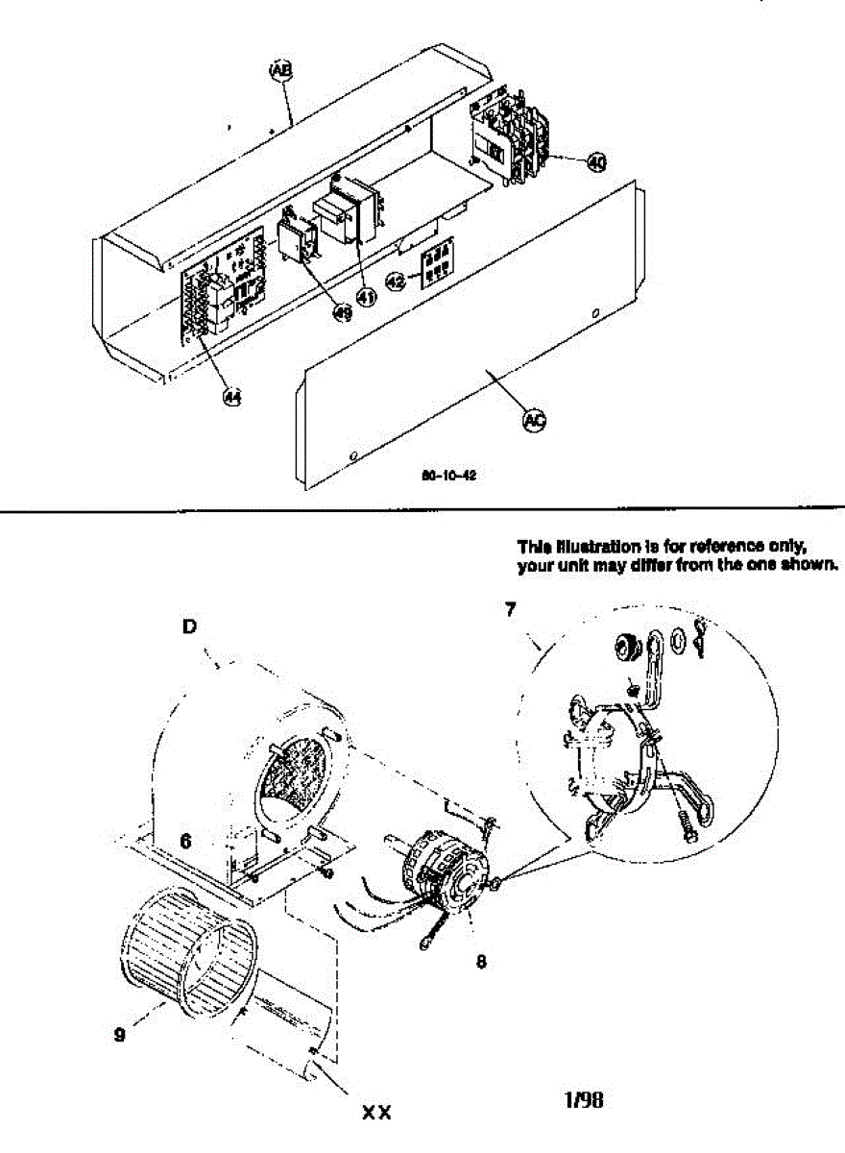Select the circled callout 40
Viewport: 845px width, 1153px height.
[596, 162]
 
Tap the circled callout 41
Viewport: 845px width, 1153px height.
[366, 298]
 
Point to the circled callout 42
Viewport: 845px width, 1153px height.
[397, 281]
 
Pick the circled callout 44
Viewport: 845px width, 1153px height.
[231, 396]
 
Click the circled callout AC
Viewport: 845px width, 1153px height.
[534, 419]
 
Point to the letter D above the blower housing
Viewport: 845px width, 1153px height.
[189, 626]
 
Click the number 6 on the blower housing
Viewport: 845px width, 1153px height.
[186, 841]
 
